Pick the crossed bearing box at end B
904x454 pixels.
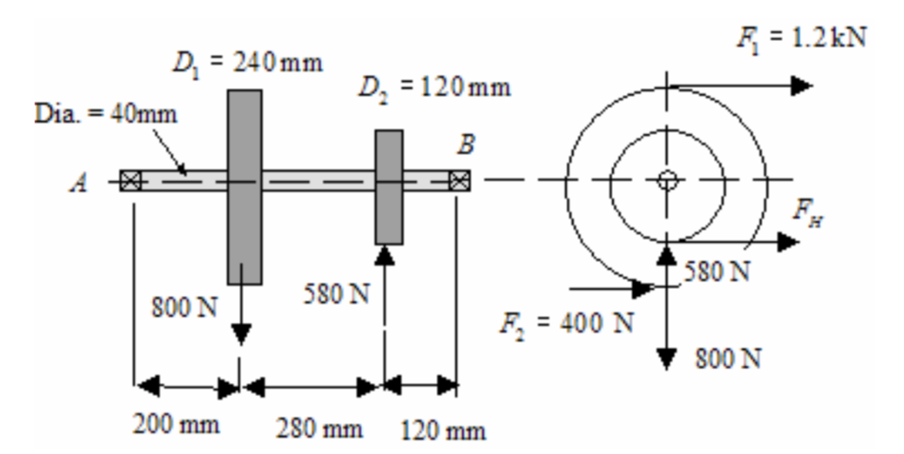coord(458,180)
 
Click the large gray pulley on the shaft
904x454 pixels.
coord(244,187)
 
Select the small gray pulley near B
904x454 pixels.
coord(388,187)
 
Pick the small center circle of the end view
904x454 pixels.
coord(667,179)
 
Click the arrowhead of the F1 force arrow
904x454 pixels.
coord(802,85)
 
